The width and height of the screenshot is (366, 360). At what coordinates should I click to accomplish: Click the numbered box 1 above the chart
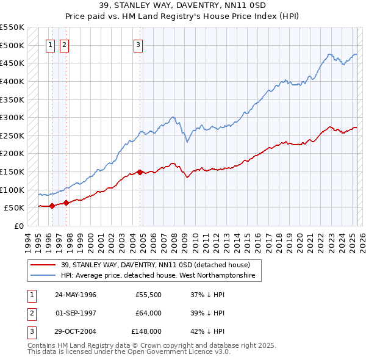pyautogui.click(x=49, y=44)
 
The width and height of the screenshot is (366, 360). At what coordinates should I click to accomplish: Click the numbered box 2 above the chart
pyautogui.click(x=64, y=44)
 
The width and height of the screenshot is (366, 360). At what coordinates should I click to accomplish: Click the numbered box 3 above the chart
pyautogui.click(x=138, y=44)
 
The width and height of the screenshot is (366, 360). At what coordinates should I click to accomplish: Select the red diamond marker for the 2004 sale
pyautogui.click(x=140, y=172)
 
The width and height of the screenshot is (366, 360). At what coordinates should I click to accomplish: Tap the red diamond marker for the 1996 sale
pyautogui.click(x=52, y=206)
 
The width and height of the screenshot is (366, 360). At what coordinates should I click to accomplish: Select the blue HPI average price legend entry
pyautogui.click(x=161, y=276)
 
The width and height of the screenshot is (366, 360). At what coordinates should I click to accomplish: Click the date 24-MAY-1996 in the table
pyautogui.click(x=76, y=295)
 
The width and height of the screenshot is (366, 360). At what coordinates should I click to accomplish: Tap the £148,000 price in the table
pyautogui.click(x=146, y=331)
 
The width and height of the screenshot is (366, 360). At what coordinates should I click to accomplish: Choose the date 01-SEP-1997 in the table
pyautogui.click(x=76, y=313)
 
